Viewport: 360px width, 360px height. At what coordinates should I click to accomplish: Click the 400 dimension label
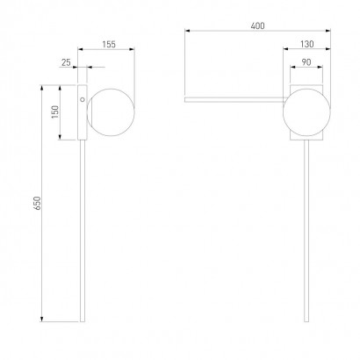[x=257, y=26]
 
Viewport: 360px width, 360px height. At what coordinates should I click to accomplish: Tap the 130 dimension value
[x=307, y=44]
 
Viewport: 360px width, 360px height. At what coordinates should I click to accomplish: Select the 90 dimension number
[x=306, y=62]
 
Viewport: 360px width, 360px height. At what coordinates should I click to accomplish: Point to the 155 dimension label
[x=109, y=45]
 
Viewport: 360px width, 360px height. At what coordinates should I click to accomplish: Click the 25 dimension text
[x=66, y=62]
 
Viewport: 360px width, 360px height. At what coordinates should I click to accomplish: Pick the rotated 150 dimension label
[x=55, y=112]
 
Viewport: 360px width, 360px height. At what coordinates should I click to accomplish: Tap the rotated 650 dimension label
[x=37, y=203]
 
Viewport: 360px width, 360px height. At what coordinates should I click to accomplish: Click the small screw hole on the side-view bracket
[x=83, y=99]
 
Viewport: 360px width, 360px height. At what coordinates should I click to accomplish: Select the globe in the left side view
[x=111, y=112]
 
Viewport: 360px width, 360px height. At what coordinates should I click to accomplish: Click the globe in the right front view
[x=306, y=112]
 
